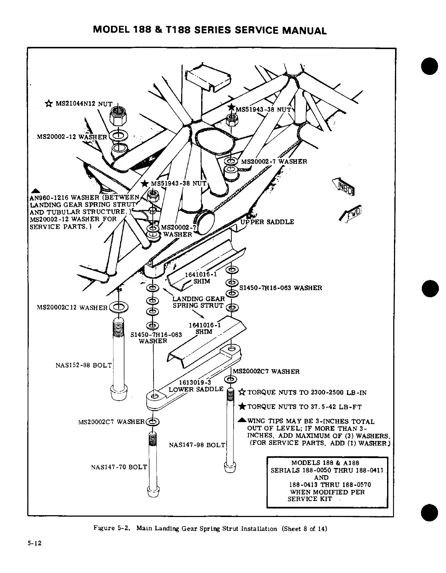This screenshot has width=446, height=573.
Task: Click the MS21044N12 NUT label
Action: pyautogui.click(x=84, y=104)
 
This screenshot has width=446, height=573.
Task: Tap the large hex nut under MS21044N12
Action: pyautogui.click(x=118, y=116)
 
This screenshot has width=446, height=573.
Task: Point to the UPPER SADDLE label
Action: pyautogui.click(x=267, y=222)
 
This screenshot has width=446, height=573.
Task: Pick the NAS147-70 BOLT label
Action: pyautogui.click(x=119, y=467)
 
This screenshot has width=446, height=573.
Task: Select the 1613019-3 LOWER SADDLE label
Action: pyautogui.click(x=196, y=385)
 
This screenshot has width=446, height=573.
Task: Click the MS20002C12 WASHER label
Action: pyautogui.click(x=72, y=308)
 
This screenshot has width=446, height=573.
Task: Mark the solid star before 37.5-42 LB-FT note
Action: pyautogui.click(x=242, y=406)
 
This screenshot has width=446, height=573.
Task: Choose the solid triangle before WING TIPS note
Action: pyautogui.click(x=242, y=421)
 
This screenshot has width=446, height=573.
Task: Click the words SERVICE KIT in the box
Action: pyautogui.click(x=310, y=499)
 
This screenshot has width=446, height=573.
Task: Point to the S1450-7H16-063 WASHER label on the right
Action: pyautogui.click(x=280, y=288)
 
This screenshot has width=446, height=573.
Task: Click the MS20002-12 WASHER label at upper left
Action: pyautogui.click(x=72, y=137)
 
